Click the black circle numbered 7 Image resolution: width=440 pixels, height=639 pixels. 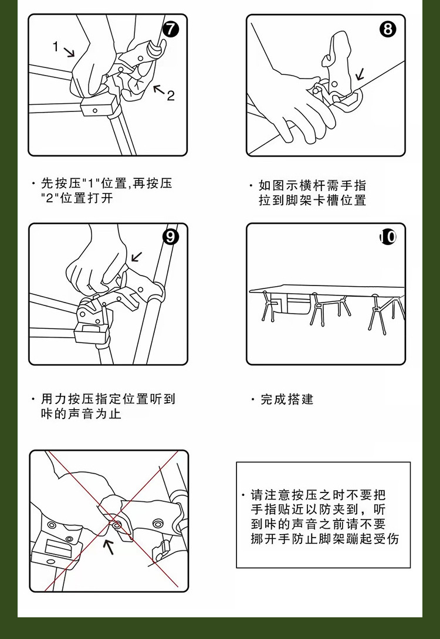tap(171, 29)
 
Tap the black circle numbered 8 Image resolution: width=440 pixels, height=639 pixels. tap(388, 29)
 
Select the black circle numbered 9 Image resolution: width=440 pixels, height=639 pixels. tap(171, 237)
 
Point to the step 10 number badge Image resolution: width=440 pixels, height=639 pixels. tap(388, 237)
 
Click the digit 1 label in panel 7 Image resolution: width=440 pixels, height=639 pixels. tap(56, 47)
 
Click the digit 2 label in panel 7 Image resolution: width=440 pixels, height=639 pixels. tap(171, 96)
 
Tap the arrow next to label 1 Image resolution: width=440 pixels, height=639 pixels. tap(69, 52)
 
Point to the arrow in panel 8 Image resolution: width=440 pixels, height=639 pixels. tap(359, 74)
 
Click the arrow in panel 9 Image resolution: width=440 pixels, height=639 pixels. tap(137, 257)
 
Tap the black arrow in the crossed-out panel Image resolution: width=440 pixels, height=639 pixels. tap(109, 546)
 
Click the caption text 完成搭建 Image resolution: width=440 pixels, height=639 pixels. tap(287, 399)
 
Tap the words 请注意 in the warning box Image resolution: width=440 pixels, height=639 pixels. tap(270, 495)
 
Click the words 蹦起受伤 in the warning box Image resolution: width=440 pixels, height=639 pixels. tap(373, 539)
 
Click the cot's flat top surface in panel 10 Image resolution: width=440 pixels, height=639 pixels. tap(326, 289)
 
